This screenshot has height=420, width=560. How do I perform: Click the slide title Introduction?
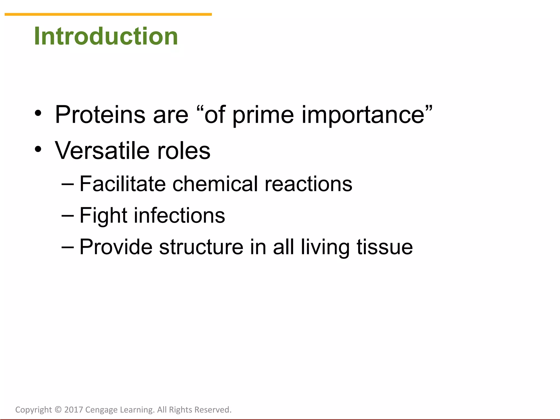[106, 36]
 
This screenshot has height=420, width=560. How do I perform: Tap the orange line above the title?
[108, 14]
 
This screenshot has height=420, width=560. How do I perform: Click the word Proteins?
[100, 115]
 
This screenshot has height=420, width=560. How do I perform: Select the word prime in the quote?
[263, 115]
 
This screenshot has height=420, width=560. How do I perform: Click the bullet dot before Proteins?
[38, 113]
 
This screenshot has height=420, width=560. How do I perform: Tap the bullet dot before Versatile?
[38, 149]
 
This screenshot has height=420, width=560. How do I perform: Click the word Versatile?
[102, 151]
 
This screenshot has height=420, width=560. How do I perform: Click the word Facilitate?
[122, 184]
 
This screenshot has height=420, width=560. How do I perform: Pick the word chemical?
[215, 184]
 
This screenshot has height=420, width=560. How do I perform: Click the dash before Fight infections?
[68, 215]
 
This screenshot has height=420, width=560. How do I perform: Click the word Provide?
[116, 247]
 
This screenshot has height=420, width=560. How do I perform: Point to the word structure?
[201, 247]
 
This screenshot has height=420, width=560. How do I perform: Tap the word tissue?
[384, 247]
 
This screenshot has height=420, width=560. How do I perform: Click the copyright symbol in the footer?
[58, 410]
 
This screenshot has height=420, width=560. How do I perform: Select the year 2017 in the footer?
[74, 410]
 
